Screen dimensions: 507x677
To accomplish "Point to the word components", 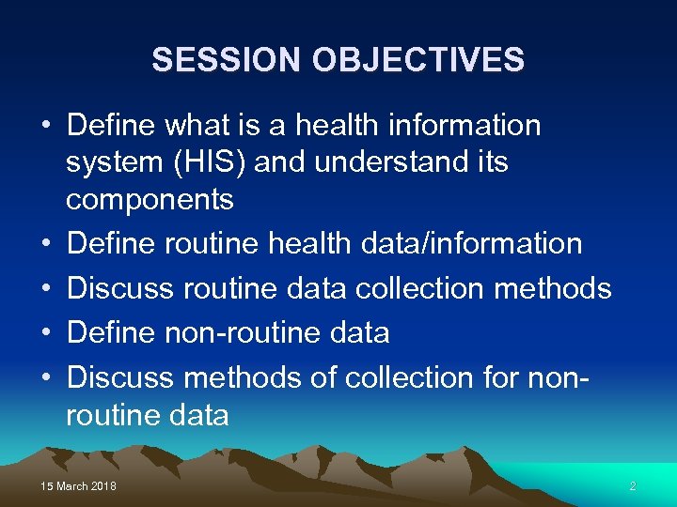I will (150, 199).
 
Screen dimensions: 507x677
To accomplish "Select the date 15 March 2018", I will (79, 486).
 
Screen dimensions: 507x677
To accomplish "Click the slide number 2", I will (633, 486).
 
